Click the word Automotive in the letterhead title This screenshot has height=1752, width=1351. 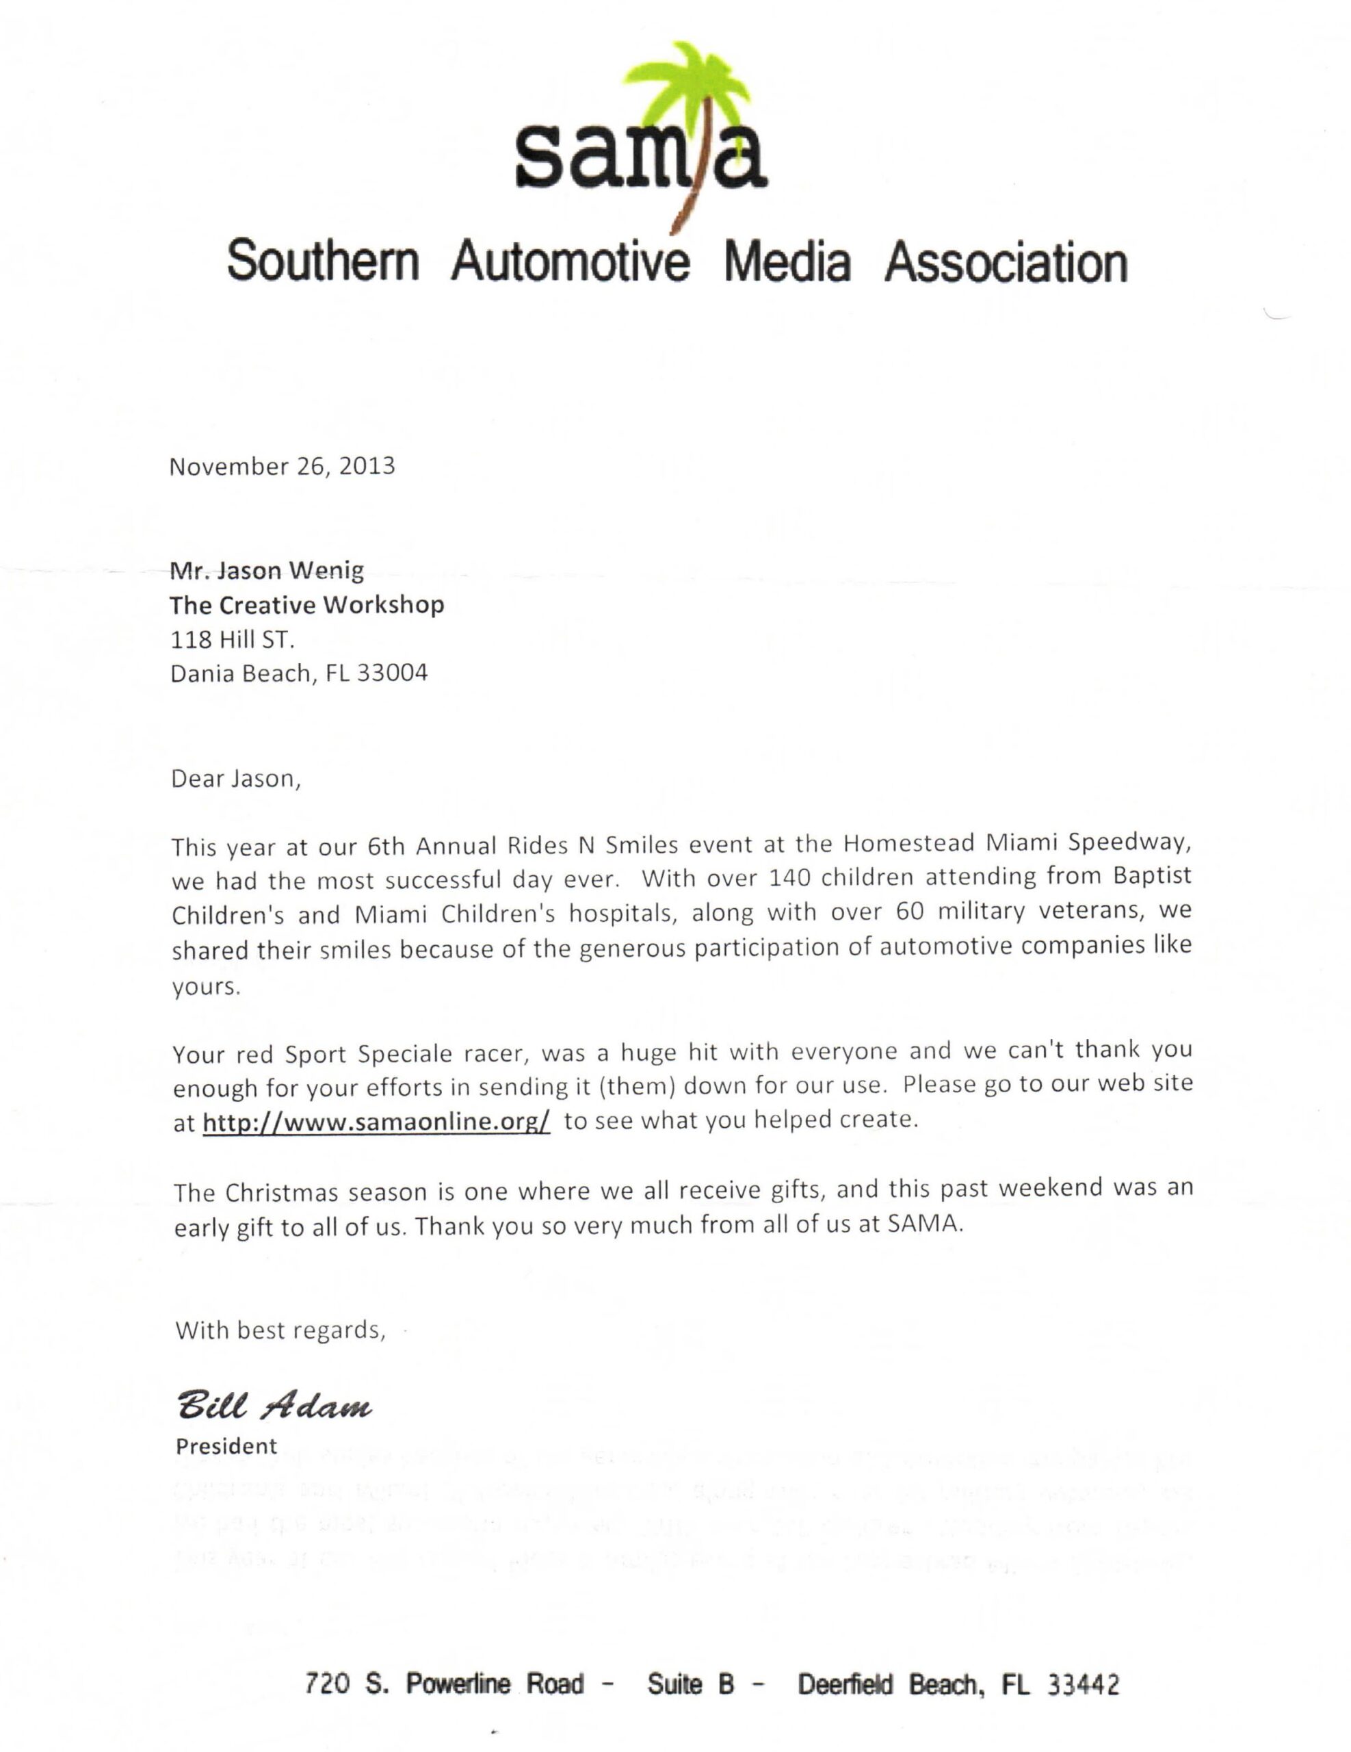[569, 262]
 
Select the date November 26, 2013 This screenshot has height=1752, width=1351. [281, 467]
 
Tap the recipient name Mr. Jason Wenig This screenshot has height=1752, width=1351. [266, 570]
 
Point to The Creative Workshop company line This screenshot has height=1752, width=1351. [306, 605]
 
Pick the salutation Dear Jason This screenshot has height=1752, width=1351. [235, 779]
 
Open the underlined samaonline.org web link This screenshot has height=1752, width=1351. [376, 1122]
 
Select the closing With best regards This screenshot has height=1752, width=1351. [280, 1330]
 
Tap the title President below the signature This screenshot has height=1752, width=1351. [226, 1446]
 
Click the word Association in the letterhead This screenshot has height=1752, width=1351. [1006, 262]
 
